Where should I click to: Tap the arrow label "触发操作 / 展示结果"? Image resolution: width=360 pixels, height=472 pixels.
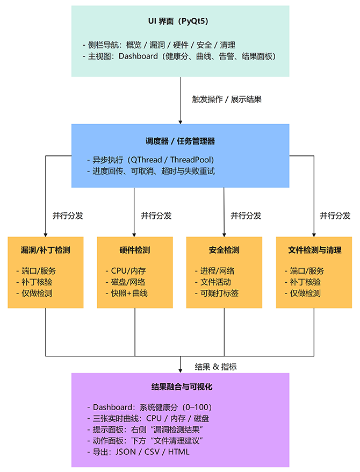(227, 99)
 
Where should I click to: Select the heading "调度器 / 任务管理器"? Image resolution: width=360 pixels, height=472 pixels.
(180, 141)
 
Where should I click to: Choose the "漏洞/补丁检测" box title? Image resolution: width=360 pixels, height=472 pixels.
(45, 250)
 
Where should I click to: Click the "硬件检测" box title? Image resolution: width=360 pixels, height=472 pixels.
(134, 250)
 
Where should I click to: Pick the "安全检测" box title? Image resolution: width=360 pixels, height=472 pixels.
(224, 250)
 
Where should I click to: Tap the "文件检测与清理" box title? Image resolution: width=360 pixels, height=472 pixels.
(314, 250)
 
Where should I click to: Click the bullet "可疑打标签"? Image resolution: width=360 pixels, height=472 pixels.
(218, 293)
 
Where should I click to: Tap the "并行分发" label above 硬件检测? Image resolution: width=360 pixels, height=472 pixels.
(156, 216)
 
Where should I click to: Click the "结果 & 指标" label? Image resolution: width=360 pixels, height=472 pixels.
(215, 367)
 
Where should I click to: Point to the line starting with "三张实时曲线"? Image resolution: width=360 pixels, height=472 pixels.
(148, 418)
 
